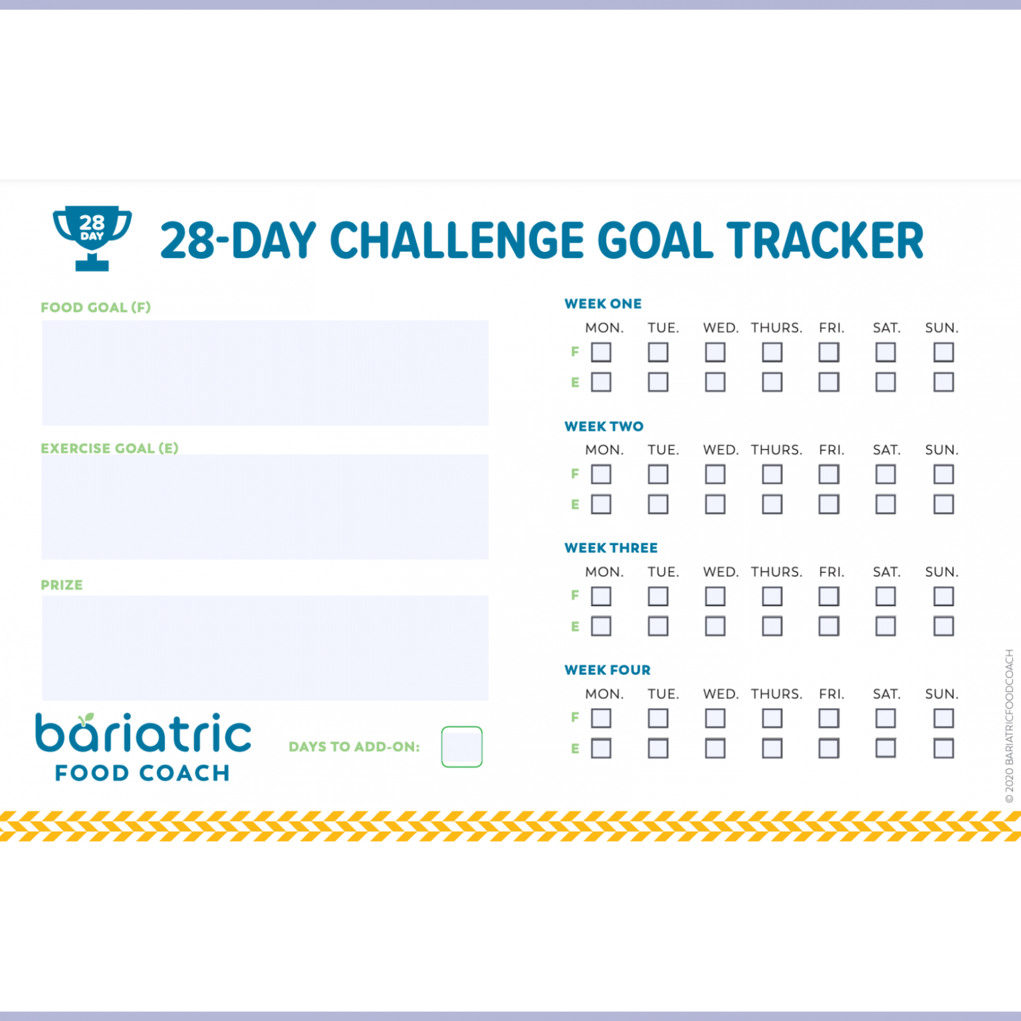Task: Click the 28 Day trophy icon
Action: (92, 237)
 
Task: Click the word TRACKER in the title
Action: (824, 240)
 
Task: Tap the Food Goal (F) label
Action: (96, 307)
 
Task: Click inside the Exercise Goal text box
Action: (265, 507)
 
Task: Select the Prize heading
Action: (62, 585)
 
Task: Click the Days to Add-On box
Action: (461, 746)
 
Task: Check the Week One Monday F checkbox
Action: (601, 352)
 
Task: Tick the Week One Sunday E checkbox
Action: (943, 382)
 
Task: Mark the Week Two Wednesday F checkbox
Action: (715, 474)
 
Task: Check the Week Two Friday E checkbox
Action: (829, 505)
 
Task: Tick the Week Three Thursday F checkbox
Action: (772, 596)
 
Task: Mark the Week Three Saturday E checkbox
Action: (885, 626)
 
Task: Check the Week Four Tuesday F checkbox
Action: (658, 718)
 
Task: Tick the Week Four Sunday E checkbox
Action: (943, 748)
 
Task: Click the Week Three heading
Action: (611, 548)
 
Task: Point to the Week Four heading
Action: (608, 670)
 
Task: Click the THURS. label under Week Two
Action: (776, 450)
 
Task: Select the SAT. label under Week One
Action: (887, 328)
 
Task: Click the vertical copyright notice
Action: (1009, 726)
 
